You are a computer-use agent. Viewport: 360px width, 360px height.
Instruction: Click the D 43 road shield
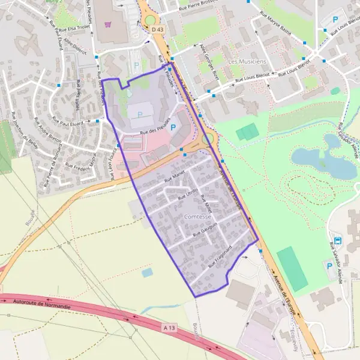click(158, 29)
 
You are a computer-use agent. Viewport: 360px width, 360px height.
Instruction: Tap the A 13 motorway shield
click(170, 328)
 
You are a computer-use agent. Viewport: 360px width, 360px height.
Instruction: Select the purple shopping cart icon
click(108, 25)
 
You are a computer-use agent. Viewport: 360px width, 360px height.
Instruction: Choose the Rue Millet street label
click(206, 204)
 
